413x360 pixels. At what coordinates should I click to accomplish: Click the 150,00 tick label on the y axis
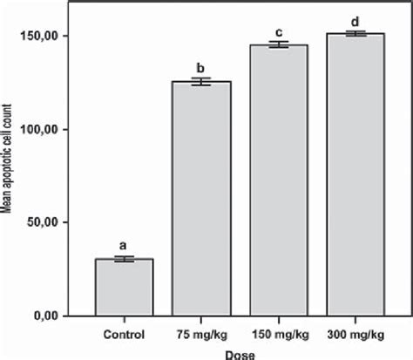click(52, 36)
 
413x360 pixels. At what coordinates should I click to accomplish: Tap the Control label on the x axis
click(125, 335)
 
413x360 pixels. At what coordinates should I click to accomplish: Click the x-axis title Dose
click(238, 353)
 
